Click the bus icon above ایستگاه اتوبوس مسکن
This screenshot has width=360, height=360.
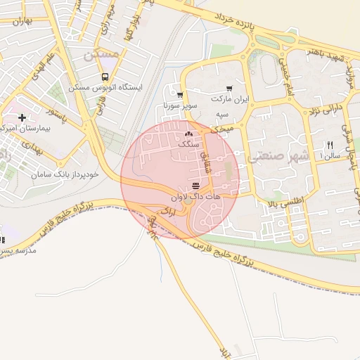pos(105,77)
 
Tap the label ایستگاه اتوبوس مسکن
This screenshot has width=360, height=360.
pos(105,88)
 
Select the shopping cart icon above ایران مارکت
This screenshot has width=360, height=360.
pos(220,89)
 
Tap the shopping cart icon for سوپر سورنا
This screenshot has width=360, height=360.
pos(180,95)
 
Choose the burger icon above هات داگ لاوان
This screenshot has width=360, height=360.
pos(195,186)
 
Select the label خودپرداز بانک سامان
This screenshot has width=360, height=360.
pos(60,172)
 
